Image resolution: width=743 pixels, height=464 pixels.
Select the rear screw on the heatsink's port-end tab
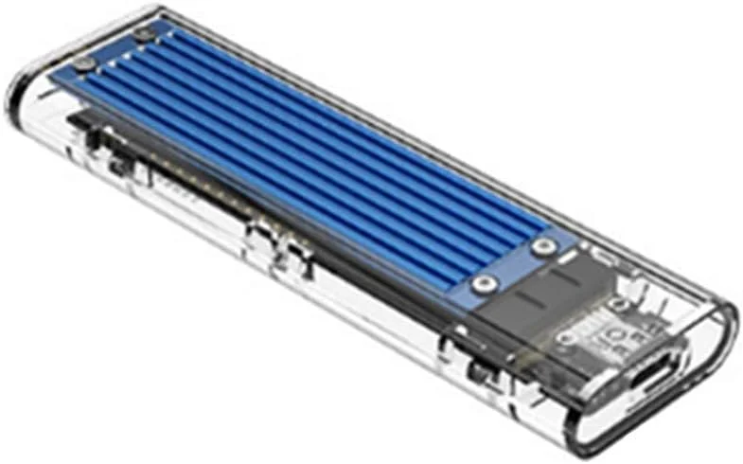pos(541,247)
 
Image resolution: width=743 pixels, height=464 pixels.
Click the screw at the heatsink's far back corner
pos(145,35)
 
